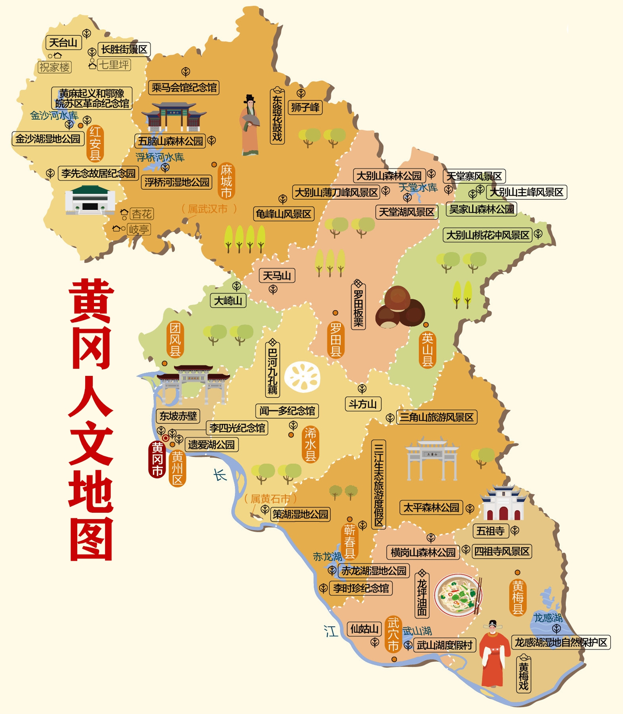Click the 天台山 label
click(63, 43)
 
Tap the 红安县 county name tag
click(95, 144)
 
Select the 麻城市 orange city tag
click(226, 181)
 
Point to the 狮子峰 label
click(305, 107)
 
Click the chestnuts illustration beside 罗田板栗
click(399, 308)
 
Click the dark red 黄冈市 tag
click(157, 459)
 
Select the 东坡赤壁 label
click(178, 416)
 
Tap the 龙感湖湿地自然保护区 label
click(561, 642)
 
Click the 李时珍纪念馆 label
click(361, 588)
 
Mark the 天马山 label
click(277, 276)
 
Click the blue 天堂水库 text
click(418, 187)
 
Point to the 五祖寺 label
click(490, 531)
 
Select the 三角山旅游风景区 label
click(437, 417)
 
